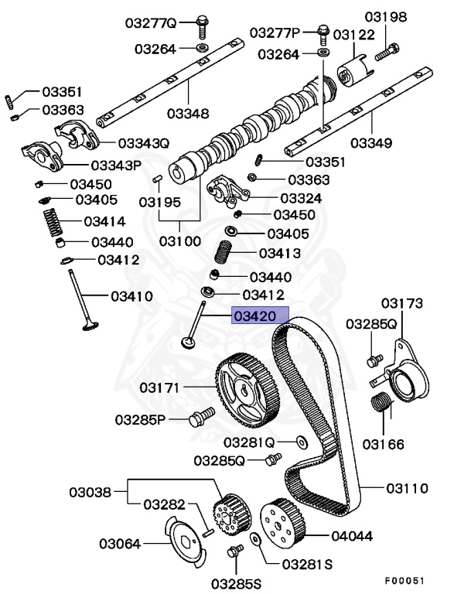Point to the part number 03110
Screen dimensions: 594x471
[407, 488]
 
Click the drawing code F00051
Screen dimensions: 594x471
[405, 579]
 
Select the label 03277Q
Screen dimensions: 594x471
[152, 23]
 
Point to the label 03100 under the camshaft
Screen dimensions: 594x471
[180, 241]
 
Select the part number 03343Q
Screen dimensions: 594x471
[142, 143]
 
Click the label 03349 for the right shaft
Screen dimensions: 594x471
[370, 143]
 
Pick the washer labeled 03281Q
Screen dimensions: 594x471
[300, 442]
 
